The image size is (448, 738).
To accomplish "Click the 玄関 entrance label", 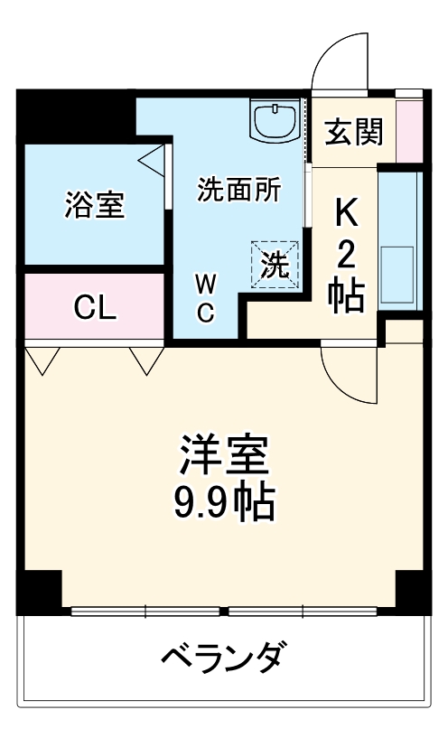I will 355,133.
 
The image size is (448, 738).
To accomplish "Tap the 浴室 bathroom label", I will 94,205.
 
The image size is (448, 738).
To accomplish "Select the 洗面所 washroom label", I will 239,191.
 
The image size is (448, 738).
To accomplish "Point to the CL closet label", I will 95,309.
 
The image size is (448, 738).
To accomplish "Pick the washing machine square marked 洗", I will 275,263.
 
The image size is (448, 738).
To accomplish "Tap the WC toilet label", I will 206,299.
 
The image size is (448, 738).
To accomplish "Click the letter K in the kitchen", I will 347,214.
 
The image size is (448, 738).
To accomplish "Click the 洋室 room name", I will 224,455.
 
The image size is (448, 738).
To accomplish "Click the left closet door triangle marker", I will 42,360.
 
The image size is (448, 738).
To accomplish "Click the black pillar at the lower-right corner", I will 413,591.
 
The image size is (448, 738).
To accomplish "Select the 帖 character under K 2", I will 347,296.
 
